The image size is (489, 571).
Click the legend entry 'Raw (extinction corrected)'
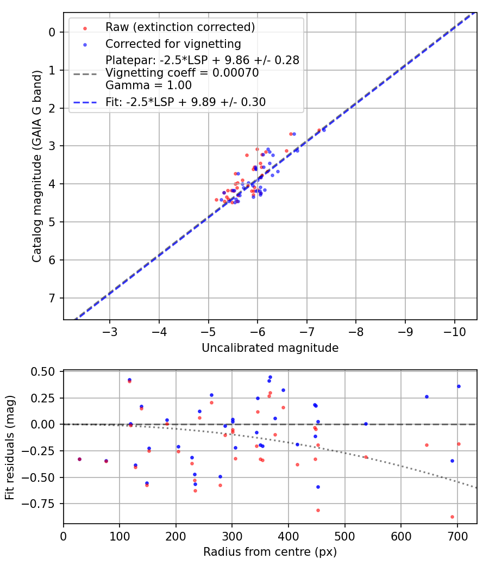[180, 27]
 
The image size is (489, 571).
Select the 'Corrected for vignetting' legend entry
[173, 44]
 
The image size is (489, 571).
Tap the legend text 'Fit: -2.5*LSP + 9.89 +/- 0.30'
[185, 102]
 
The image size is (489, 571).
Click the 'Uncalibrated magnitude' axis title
[270, 348]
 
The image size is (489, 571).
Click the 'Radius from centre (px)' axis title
[270, 552]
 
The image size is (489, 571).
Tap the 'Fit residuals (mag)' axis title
[10, 448]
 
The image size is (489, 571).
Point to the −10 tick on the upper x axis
[454, 332]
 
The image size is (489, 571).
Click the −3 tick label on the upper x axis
[110, 332]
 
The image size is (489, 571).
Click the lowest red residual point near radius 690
[452, 517]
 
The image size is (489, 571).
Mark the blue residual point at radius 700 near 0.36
[459, 386]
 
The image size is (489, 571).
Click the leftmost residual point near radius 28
[79, 459]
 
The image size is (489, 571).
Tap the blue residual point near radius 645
[427, 396]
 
